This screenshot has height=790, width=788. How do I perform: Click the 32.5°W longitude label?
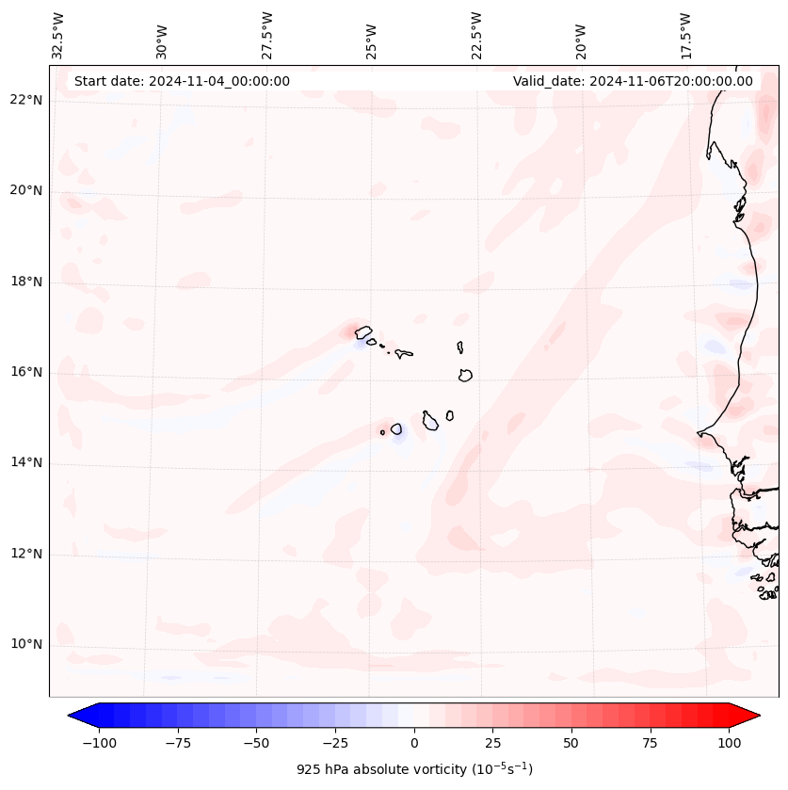pyautogui.click(x=58, y=35)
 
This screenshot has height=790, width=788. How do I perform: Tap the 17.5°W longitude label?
pyautogui.click(x=685, y=35)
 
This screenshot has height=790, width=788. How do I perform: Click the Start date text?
pyautogui.click(x=182, y=81)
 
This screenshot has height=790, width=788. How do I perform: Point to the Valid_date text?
pyautogui.click(x=633, y=81)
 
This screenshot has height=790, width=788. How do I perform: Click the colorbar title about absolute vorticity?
pyautogui.click(x=414, y=769)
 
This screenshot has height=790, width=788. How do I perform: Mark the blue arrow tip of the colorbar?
pyautogui.click(x=75, y=716)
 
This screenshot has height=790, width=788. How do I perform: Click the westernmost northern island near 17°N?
pyautogui.click(x=363, y=331)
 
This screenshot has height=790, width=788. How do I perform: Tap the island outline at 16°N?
pyautogui.click(x=465, y=375)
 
